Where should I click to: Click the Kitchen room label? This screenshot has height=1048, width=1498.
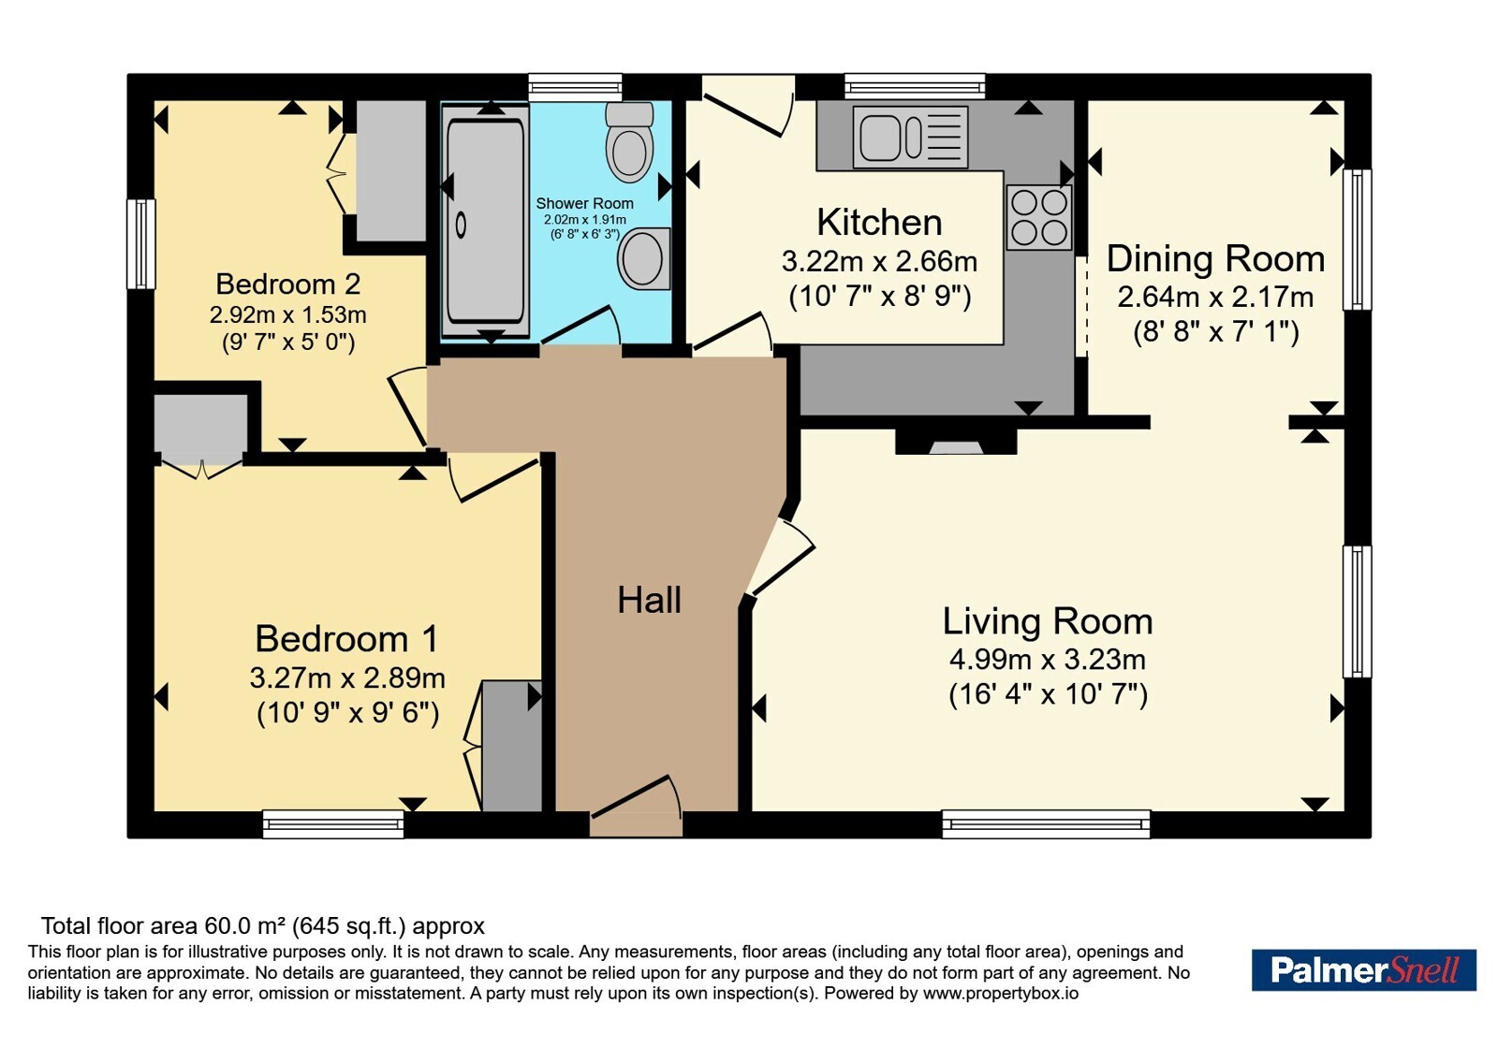pyautogui.click(x=879, y=223)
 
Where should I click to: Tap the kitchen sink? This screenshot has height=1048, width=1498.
pyautogui.click(x=910, y=138)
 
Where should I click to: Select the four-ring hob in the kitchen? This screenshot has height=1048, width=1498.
pyautogui.click(x=1038, y=217)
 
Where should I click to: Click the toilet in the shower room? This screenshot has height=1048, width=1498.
pyautogui.click(x=629, y=142)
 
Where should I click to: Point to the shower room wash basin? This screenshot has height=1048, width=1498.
pyautogui.click(x=644, y=258)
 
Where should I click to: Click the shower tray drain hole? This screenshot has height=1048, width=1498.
pyautogui.click(x=461, y=226)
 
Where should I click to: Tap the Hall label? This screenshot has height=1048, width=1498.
pyautogui.click(x=650, y=600)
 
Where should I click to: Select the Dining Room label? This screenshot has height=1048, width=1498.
pyautogui.click(x=1216, y=258)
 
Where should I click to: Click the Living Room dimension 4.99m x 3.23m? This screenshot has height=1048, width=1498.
pyautogui.click(x=1048, y=660)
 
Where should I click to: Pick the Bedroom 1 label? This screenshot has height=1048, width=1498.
pyautogui.click(x=347, y=639)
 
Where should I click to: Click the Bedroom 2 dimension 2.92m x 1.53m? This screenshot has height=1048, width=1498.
pyautogui.click(x=288, y=314)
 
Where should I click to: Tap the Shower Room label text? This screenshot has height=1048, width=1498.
pyautogui.click(x=584, y=203)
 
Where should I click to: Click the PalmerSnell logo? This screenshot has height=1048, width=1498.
pyautogui.click(x=1363, y=969)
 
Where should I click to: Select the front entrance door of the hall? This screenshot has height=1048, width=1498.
pyautogui.click(x=636, y=807)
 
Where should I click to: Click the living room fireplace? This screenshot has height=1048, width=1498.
pyautogui.click(x=956, y=442)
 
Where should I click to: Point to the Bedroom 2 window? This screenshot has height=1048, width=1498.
pyautogui.click(x=141, y=244)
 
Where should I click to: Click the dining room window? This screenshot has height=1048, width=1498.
pyautogui.click(x=1357, y=240)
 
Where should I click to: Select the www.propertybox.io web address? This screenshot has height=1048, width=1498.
pyautogui.click(x=1001, y=993)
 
